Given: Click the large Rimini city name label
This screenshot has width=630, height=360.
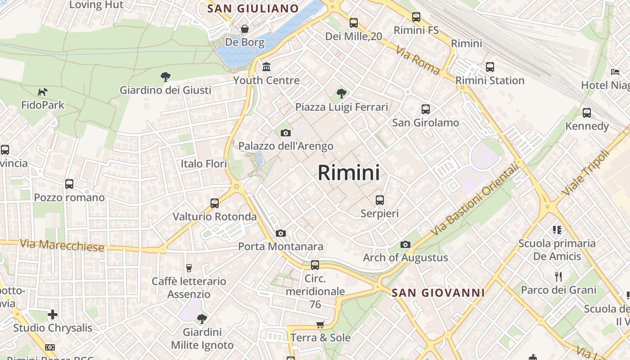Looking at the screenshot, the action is (349, 173).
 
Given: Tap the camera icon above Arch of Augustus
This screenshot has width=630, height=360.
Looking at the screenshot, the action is (405, 244).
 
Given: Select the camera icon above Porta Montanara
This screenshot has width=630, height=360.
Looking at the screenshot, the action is (281, 233).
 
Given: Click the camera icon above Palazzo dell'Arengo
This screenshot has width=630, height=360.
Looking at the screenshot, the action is (286, 133).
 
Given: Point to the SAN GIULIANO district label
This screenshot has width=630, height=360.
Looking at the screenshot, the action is (253, 8).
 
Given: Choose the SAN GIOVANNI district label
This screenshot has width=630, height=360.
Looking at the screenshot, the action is (438, 293).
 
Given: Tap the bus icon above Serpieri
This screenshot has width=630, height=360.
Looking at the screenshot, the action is (380, 200).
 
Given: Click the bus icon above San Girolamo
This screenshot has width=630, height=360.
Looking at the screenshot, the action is (425, 109).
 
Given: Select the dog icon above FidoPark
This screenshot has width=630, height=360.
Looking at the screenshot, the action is (43, 92).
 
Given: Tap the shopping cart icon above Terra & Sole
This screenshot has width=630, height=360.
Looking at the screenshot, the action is (320, 324).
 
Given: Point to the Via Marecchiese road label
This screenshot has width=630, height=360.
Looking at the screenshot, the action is (62, 245).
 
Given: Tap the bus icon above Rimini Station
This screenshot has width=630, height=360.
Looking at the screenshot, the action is (490, 67).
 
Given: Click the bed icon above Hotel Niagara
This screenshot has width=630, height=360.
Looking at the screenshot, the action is (615, 72).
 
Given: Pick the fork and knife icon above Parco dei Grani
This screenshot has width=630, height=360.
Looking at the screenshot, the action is (558, 276).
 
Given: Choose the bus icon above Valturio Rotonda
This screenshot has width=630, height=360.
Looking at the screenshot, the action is (215, 203).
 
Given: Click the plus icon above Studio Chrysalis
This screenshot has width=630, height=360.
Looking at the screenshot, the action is (53, 315).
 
